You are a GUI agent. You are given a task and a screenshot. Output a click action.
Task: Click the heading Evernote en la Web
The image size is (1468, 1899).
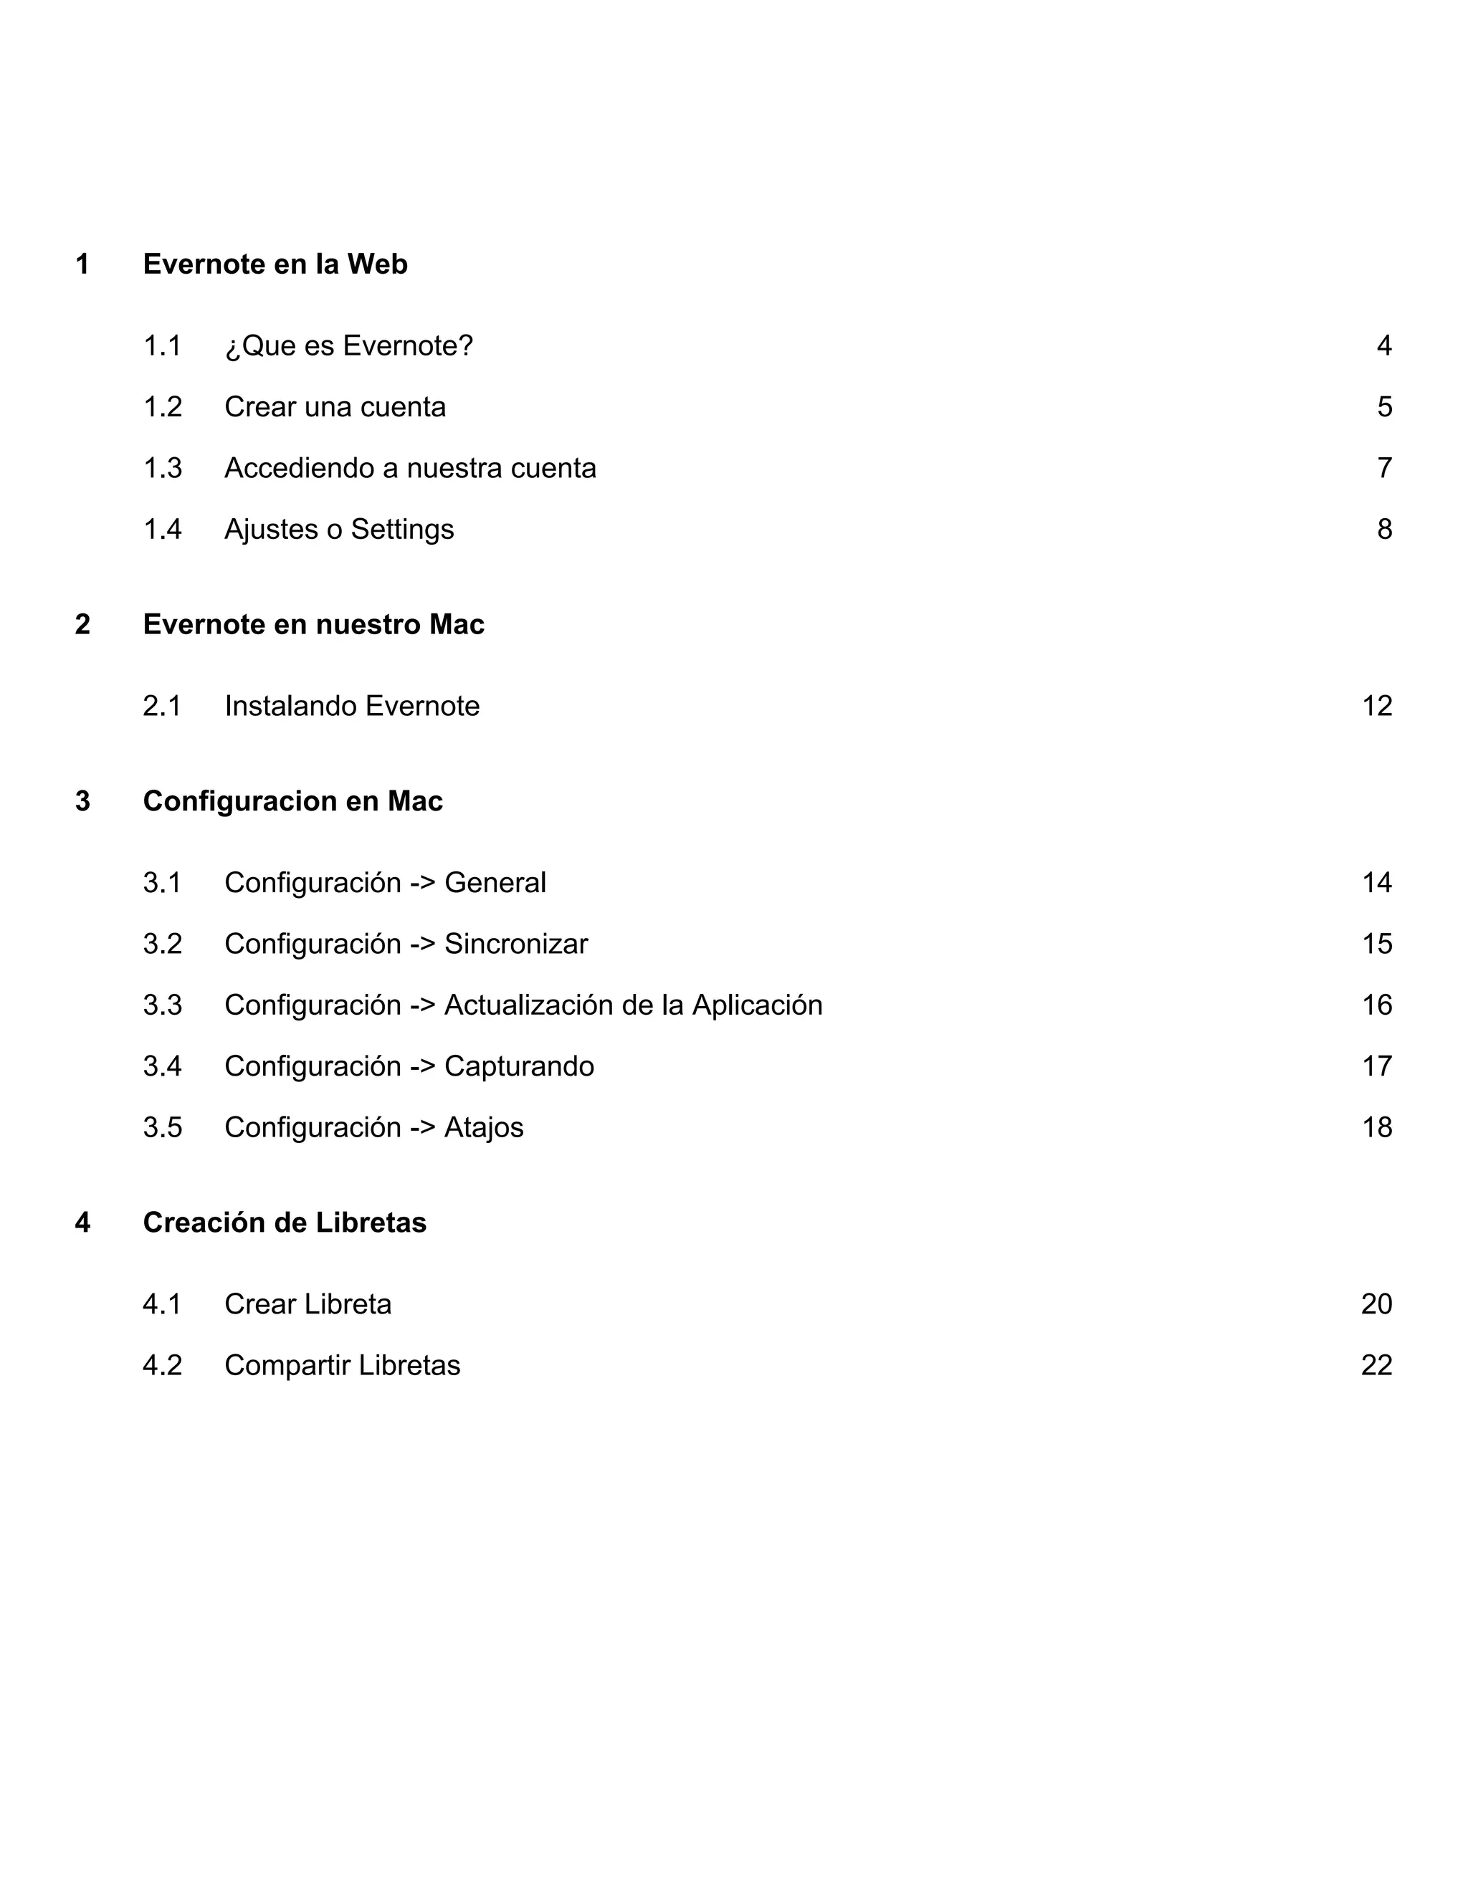pyautogui.click(x=275, y=264)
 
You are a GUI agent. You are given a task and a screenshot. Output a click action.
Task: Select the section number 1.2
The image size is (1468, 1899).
pyautogui.click(x=163, y=407)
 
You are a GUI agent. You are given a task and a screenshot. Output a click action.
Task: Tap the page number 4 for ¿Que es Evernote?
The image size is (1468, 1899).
pyautogui.click(x=1383, y=346)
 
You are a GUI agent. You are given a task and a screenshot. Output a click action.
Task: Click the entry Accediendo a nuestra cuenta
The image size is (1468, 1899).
pyautogui.click(x=409, y=469)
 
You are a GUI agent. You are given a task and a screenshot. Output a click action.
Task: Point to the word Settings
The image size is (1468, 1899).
pyautogui.click(x=402, y=530)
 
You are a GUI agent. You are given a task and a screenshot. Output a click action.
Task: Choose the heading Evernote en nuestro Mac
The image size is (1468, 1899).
pyautogui.click(x=313, y=624)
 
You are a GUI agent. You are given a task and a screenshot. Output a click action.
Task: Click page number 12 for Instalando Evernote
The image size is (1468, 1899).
pyautogui.click(x=1377, y=706)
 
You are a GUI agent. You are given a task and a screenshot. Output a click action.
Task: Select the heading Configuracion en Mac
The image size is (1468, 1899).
pyautogui.click(x=292, y=801)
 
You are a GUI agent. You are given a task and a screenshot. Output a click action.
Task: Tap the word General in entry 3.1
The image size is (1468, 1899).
pyautogui.click(x=495, y=883)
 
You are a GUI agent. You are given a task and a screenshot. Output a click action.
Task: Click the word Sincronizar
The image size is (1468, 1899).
pyautogui.click(x=515, y=944)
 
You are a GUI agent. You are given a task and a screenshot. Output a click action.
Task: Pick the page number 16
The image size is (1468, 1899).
pyautogui.click(x=1377, y=1005)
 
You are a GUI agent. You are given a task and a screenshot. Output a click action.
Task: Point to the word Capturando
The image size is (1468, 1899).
pyautogui.click(x=519, y=1067)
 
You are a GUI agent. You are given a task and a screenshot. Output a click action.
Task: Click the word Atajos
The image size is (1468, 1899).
pyautogui.click(x=484, y=1128)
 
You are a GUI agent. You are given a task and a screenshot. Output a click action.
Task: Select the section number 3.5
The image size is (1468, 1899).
pyautogui.click(x=163, y=1128)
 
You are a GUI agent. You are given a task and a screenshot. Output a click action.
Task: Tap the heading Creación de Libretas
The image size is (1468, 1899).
pyautogui.click(x=285, y=1223)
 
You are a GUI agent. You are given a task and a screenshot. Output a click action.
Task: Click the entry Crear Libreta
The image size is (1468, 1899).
pyautogui.click(x=308, y=1304)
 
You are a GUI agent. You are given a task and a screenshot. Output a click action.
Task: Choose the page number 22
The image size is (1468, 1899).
pyautogui.click(x=1377, y=1365)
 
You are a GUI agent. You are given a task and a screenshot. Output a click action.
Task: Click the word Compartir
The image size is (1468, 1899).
pyautogui.click(x=288, y=1366)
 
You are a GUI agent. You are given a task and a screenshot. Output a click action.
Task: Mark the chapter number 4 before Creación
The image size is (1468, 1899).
pyautogui.click(x=82, y=1223)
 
